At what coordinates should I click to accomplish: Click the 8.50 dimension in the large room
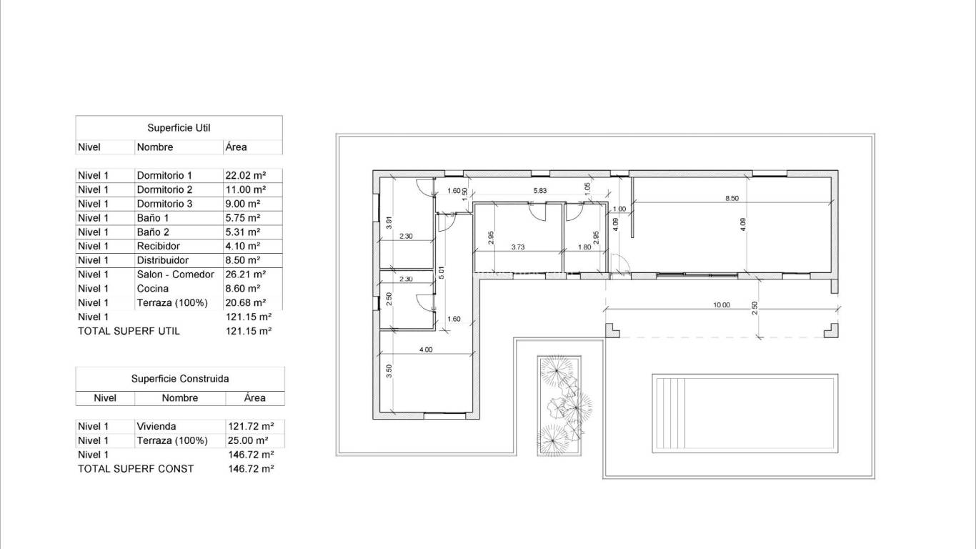[732, 199]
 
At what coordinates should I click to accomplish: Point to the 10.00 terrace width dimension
[722, 305]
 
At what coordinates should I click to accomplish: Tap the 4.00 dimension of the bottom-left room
[425, 350]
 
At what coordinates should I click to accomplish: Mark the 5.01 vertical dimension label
[442, 272]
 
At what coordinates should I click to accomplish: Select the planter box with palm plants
[559, 405]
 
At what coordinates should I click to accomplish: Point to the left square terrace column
[612, 330]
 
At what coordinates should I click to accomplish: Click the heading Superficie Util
[179, 128]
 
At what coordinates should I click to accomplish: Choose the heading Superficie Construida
[180, 379]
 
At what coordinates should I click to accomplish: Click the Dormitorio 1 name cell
[164, 175]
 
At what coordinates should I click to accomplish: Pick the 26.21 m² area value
[246, 274]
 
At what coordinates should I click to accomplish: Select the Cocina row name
[153, 289]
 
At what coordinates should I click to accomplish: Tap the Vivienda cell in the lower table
[156, 427]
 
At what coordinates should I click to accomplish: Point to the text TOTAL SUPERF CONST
[136, 469]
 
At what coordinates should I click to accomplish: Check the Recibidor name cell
[158, 246]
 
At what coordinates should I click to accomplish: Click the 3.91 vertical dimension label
[389, 222]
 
